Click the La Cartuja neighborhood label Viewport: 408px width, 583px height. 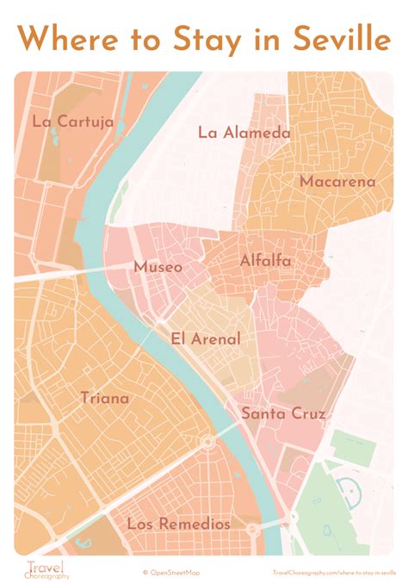tap(72, 121)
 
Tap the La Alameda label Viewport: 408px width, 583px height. tap(244, 133)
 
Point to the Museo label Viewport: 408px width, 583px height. tap(158, 268)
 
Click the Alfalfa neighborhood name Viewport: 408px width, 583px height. tap(265, 261)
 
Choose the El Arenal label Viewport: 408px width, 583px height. tap(206, 339)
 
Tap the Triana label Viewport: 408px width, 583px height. tap(104, 398)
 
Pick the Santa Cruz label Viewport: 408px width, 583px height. tap(283, 414)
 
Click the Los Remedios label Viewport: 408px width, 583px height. tap(178, 524)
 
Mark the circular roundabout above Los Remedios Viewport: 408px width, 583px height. tap(207, 443)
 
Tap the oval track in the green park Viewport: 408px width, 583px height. tap(352, 493)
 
